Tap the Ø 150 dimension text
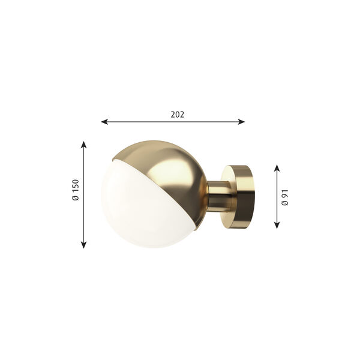(76, 191)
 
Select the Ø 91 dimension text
(286, 196)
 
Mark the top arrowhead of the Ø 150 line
(84, 145)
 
